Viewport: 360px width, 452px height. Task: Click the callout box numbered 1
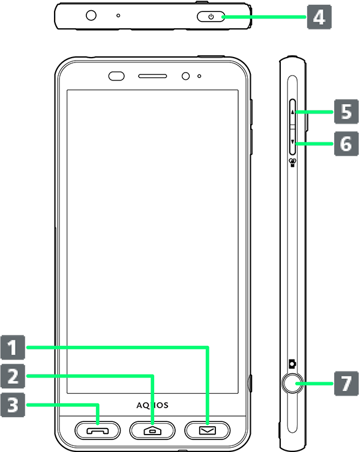pos(13,348)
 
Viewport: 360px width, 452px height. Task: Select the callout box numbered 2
pos(13,376)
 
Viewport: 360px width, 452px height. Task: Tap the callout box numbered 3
pos(13,405)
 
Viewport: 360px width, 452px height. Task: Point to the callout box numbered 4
pos(319,17)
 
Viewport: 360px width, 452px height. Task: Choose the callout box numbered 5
pos(346,112)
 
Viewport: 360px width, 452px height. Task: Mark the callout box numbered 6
pos(346,143)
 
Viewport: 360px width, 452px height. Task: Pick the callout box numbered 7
pos(346,384)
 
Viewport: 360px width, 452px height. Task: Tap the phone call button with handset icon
pos(97,430)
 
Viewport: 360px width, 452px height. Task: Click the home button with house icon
pos(152,430)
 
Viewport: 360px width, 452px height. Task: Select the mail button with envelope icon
pos(207,430)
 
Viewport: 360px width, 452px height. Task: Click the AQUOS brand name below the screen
pos(152,405)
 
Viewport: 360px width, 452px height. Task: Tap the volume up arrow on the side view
pos(293,112)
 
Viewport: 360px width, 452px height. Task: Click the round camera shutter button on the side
pos(292,384)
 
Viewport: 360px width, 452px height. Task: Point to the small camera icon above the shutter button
pos(293,364)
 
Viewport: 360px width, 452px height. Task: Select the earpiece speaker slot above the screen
pos(152,76)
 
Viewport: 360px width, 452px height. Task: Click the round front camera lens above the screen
pos(185,76)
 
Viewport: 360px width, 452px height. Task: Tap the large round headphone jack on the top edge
pos(91,15)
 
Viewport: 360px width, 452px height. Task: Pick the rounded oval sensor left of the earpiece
pos(116,76)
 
